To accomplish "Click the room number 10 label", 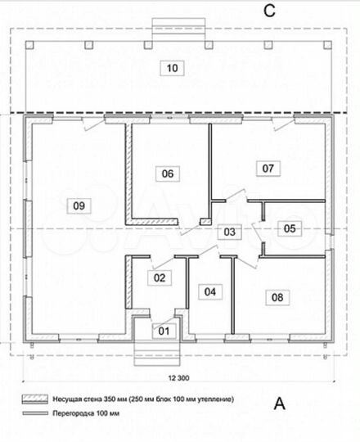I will (x=171, y=68).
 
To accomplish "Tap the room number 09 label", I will (x=79, y=204).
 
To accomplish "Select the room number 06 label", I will (x=168, y=174).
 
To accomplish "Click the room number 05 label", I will (x=290, y=228).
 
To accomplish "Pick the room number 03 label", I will (x=231, y=232).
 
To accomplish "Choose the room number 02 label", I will (x=160, y=277).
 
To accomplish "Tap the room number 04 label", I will (x=210, y=291).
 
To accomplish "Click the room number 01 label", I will (x=163, y=331).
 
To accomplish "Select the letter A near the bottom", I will (x=280, y=402).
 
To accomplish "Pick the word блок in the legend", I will (x=161, y=399).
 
